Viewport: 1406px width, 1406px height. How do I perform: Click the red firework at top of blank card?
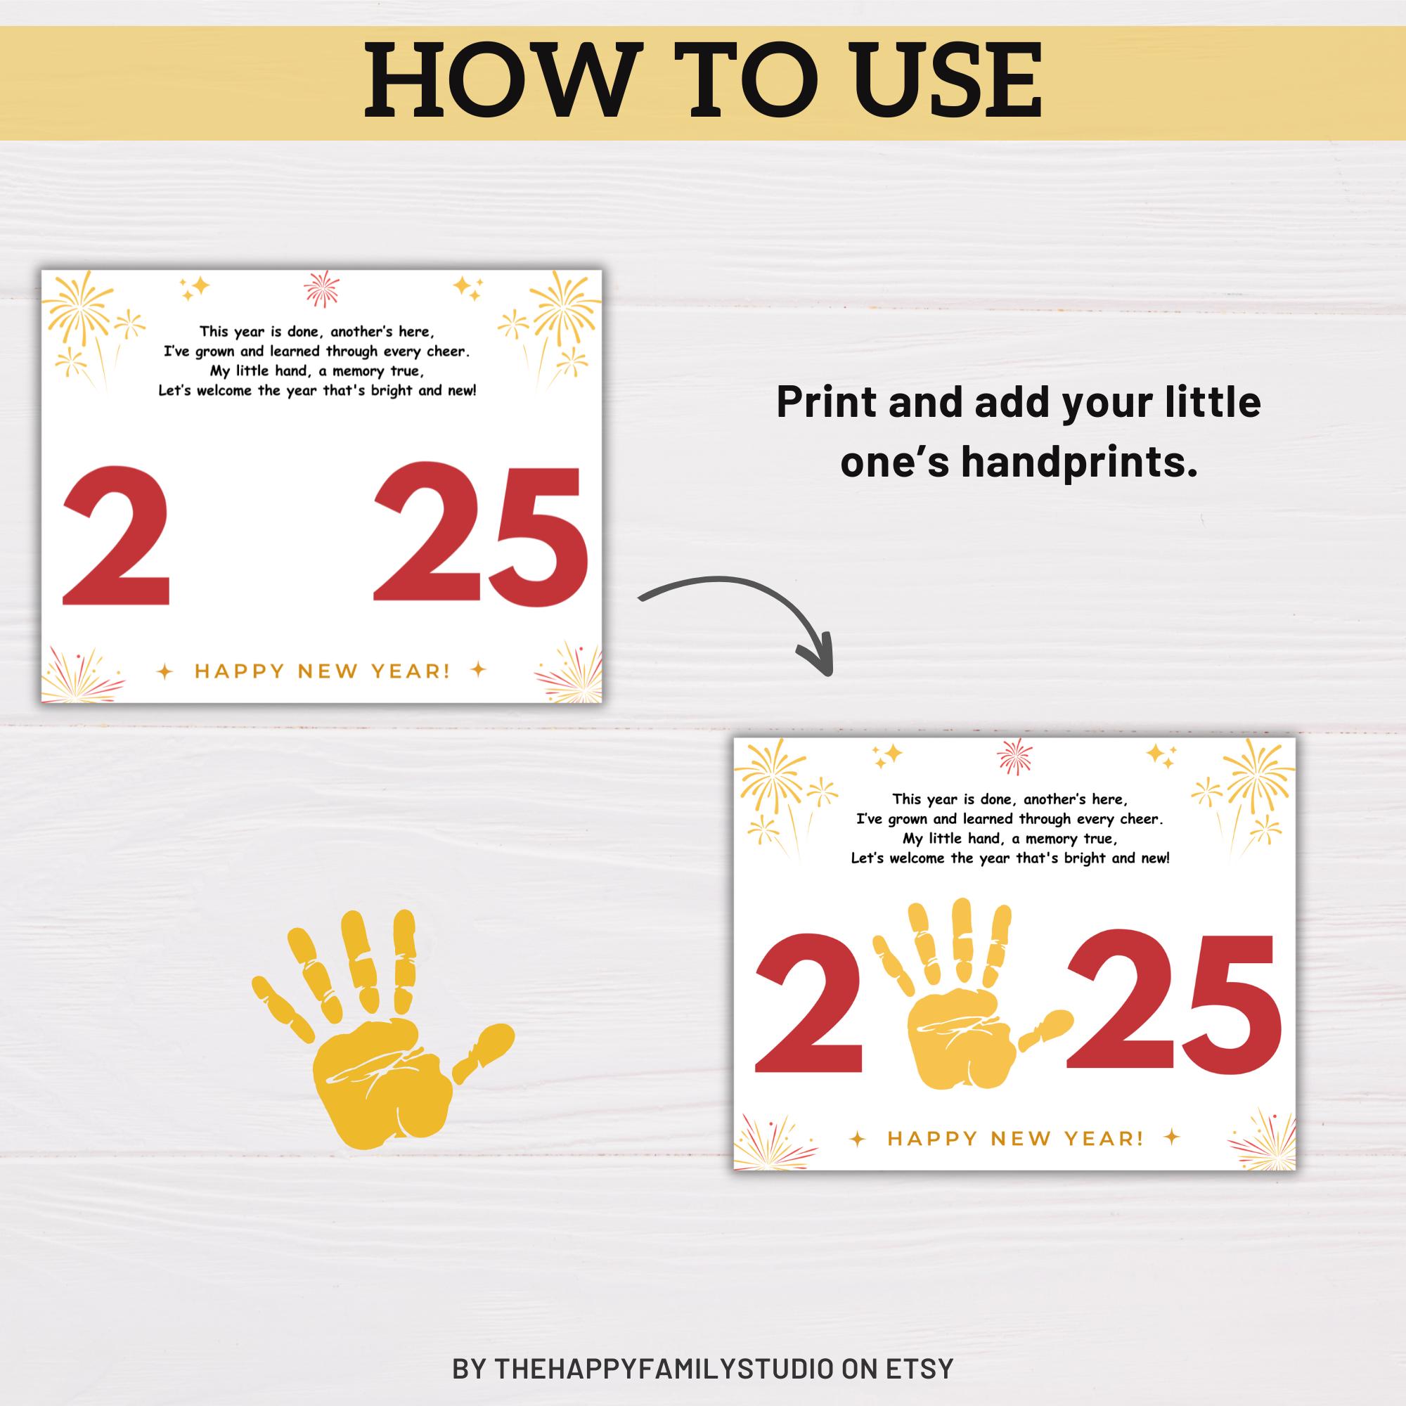(322, 290)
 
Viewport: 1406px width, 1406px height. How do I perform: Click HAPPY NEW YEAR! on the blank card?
(322, 670)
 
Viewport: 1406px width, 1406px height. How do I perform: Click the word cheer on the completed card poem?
(1140, 819)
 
